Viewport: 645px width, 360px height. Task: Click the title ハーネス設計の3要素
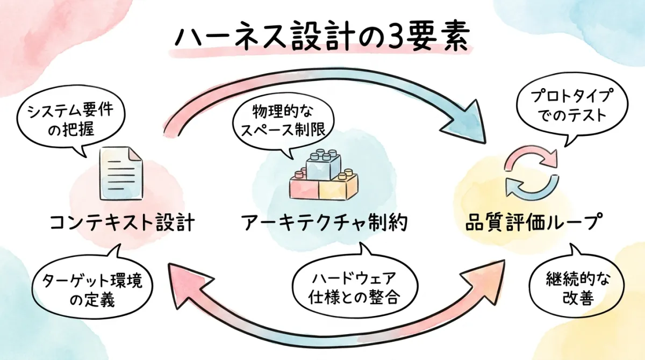[x=322, y=37]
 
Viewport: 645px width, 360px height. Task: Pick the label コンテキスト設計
[x=121, y=222]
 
